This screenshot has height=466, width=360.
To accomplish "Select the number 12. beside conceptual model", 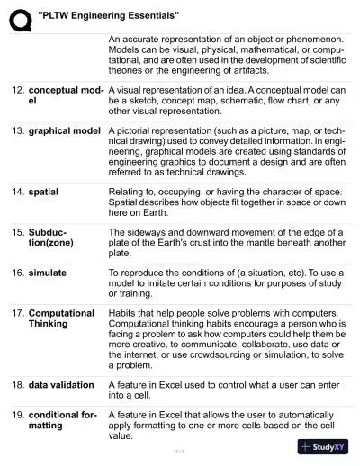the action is pyautogui.click(x=17, y=91).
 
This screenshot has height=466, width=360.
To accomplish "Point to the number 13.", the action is pyautogui.click(x=17, y=131).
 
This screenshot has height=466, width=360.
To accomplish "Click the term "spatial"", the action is pyautogui.click(x=43, y=193).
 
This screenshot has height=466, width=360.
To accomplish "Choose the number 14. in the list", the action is pyautogui.click(x=17, y=193).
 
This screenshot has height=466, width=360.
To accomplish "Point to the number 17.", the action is pyautogui.click(x=17, y=313).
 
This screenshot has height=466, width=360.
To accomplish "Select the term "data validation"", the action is pyautogui.click(x=61, y=385).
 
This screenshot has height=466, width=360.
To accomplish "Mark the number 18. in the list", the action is pyautogui.click(x=17, y=385).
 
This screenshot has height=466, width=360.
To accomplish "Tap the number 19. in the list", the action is pyautogui.click(x=17, y=414).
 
